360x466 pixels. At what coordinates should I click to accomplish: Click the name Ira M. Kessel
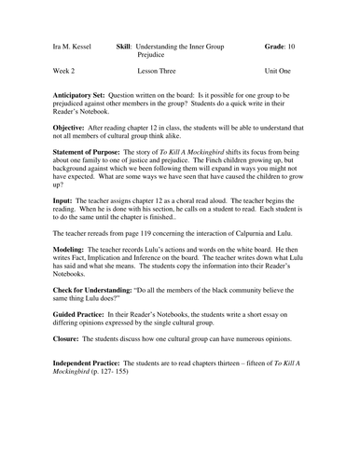point(64,46)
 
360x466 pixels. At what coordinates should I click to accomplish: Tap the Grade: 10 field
point(297,46)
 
